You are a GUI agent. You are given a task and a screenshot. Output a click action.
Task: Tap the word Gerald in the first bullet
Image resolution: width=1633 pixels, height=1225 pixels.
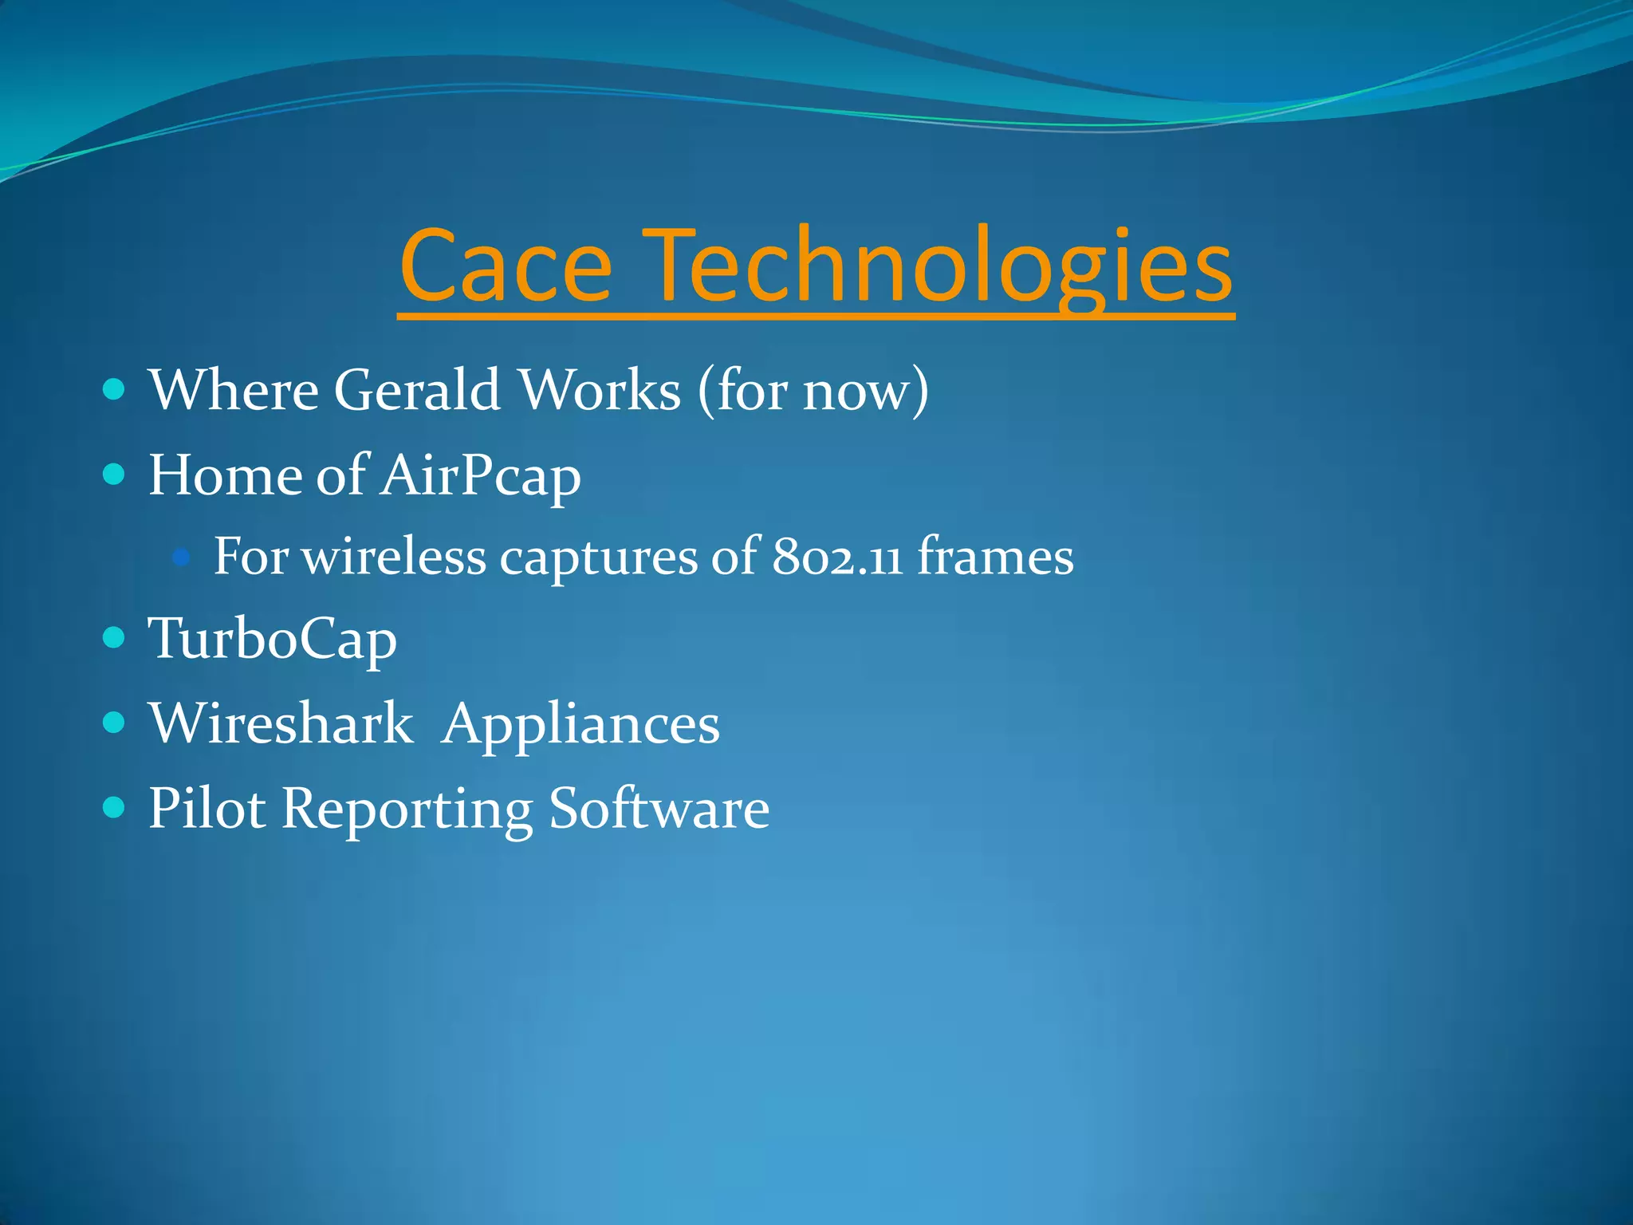pyautogui.click(x=416, y=390)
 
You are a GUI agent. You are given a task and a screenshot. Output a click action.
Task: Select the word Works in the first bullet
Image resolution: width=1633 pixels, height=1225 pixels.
pyautogui.click(x=600, y=390)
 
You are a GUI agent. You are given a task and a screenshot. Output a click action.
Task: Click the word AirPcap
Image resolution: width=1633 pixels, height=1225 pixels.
pyautogui.click(x=481, y=476)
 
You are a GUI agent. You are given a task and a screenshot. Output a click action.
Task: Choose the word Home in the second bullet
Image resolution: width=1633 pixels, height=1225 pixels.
pyautogui.click(x=224, y=475)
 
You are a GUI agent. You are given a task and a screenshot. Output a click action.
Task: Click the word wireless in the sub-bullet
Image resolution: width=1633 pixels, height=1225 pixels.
pyautogui.click(x=394, y=556)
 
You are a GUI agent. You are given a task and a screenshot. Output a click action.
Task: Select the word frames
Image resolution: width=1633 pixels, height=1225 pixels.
pyautogui.click(x=995, y=556)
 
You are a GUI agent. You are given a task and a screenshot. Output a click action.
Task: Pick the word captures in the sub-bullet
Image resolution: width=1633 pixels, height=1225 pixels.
pyautogui.click(x=598, y=557)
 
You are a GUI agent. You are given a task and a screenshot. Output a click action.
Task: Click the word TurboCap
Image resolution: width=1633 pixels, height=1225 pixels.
pyautogui.click(x=273, y=639)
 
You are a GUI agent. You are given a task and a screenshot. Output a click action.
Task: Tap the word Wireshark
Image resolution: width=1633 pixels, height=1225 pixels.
pyautogui.click(x=281, y=723)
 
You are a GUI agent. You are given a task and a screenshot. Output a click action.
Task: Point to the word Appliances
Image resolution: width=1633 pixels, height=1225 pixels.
pyautogui.click(x=580, y=725)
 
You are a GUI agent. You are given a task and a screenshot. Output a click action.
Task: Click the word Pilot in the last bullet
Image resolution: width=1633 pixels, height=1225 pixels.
pyautogui.click(x=207, y=808)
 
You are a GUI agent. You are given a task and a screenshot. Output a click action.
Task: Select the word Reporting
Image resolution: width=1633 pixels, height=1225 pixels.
pyautogui.click(x=407, y=809)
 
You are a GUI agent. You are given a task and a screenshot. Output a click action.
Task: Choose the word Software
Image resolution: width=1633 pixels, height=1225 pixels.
pyautogui.click(x=659, y=808)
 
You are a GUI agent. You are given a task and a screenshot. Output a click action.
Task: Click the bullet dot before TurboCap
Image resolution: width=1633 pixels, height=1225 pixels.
pyautogui.click(x=115, y=638)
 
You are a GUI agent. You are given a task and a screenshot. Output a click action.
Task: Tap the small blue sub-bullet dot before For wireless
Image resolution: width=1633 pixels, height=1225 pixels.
pyautogui.click(x=181, y=557)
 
